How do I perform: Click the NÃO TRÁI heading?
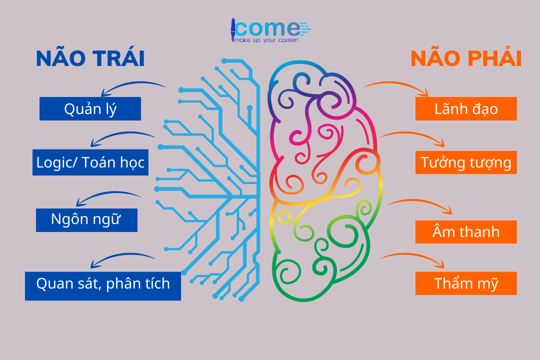90,59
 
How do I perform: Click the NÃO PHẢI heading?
466,59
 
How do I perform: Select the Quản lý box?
90,109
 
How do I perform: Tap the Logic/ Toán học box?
90,162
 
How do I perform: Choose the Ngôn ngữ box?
86,220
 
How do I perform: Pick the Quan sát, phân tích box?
103,284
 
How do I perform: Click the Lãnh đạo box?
466,109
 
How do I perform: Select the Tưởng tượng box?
466,162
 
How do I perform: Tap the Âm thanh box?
466,232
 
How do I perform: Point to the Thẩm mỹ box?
466,283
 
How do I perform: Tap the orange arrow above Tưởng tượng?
413,137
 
